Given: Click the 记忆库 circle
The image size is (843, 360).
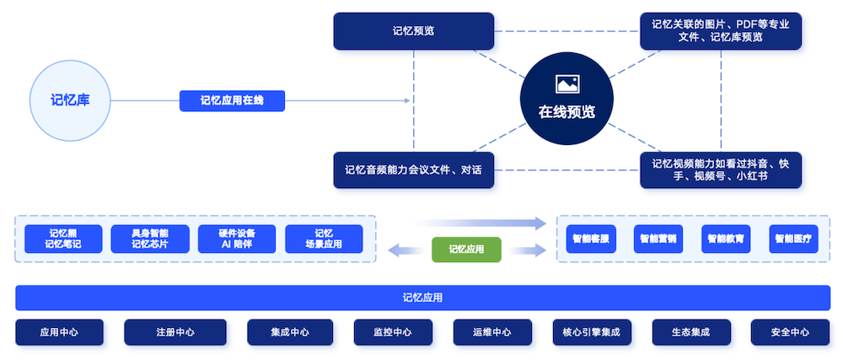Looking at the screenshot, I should (x=71, y=100).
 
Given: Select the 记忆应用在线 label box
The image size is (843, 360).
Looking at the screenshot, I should (x=232, y=101).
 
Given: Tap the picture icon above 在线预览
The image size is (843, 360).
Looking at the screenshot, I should (x=566, y=83).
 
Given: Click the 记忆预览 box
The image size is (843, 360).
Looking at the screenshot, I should (x=413, y=30).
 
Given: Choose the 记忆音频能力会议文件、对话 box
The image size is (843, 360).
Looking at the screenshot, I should (x=413, y=169).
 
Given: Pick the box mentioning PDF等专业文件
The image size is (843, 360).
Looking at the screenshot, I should (x=720, y=30).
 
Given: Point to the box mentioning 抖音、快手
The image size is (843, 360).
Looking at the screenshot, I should (x=720, y=169).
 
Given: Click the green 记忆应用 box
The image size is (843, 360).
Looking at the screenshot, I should (x=466, y=249).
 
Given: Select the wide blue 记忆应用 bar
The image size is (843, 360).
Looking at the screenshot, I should (x=422, y=298).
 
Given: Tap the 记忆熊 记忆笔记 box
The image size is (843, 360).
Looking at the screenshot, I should (x=63, y=239).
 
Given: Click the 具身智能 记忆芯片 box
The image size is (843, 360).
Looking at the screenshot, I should (x=150, y=239).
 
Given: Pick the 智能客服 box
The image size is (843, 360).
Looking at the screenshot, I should (x=591, y=239).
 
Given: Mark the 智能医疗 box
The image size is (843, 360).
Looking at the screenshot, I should (x=793, y=239).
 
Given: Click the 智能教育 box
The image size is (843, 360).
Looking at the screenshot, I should (x=726, y=239).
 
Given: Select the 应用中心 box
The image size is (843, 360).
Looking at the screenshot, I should (x=59, y=332).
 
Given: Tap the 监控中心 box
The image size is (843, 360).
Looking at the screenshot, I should (x=393, y=332).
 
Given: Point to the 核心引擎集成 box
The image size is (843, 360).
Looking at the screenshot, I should (x=591, y=332).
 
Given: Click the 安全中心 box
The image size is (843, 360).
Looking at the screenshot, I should (x=790, y=332).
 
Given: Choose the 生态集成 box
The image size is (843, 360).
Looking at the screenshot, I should (x=691, y=332).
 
